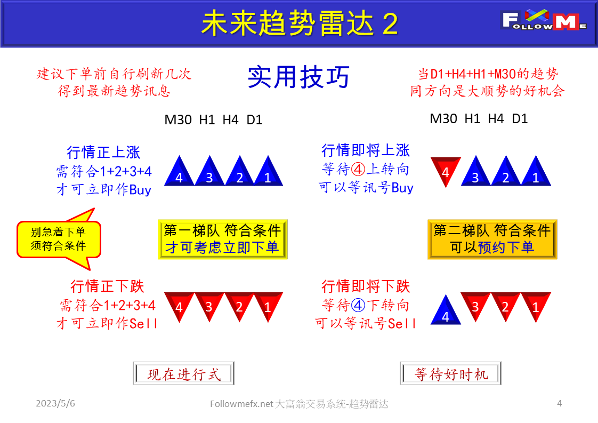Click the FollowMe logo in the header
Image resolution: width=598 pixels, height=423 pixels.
[544, 22]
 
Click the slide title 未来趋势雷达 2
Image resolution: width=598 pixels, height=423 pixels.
[300, 23]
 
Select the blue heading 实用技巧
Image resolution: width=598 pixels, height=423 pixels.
[298, 78]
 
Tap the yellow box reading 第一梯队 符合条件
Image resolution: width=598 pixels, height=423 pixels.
[222, 239]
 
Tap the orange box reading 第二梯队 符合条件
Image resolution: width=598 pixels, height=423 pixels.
[492, 239]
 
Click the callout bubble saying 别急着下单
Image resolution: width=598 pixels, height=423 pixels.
[59, 239]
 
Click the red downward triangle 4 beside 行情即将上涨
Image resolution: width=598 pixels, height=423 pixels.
[446, 170]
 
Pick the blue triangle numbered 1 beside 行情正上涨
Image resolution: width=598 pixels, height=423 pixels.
[268, 173]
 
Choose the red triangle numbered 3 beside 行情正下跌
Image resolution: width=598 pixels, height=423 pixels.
[209, 306]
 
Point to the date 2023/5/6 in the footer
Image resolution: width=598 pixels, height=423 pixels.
[55, 403]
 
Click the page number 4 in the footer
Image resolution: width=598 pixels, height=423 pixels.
[559, 403]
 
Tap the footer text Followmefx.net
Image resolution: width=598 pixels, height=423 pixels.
[241, 404]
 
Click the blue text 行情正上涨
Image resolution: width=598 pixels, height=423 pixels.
[103, 152]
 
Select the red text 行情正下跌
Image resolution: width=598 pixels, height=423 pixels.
[107, 286]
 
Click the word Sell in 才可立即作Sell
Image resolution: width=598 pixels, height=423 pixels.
[144, 323]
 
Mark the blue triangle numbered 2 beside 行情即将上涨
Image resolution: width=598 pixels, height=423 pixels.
[506, 173]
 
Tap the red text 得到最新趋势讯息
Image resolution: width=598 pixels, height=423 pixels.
[114, 91]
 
